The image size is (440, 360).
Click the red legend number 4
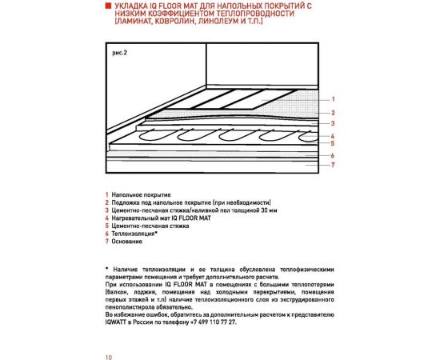pyautogui.click(x=106, y=218)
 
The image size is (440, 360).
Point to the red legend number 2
pyautogui.click(x=106, y=203)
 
